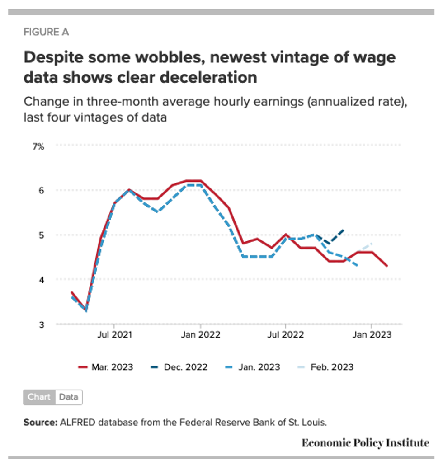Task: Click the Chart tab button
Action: (x=39, y=397)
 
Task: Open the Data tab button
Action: (x=69, y=397)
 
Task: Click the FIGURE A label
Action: (x=46, y=33)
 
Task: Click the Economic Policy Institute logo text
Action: (x=365, y=443)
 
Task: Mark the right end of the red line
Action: (x=387, y=266)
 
